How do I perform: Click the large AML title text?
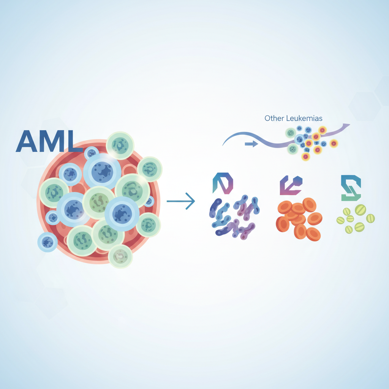[49, 141]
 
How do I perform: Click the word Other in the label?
[274, 118]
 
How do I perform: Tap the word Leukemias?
[304, 118]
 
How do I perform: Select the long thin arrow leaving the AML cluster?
[180, 201]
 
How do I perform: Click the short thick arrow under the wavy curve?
[251, 144]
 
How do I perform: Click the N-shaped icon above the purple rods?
[223, 183]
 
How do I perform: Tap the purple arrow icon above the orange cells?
[291, 185]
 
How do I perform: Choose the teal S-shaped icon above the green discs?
[351, 188]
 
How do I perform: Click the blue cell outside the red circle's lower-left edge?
[47, 242]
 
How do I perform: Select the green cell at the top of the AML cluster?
[120, 145]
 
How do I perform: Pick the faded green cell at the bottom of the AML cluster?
[120, 256]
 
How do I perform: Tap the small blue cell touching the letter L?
[91, 153]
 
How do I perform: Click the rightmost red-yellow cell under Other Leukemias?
[334, 143]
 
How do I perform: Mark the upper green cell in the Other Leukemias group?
[291, 133]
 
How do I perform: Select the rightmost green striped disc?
[370, 218]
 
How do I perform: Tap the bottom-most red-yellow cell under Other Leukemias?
[306, 157]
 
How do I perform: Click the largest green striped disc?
[361, 210]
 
